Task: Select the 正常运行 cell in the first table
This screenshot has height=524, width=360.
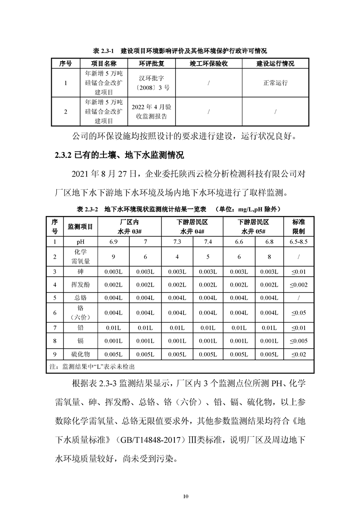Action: (x=275, y=83)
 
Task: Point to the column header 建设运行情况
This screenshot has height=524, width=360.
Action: (x=275, y=64)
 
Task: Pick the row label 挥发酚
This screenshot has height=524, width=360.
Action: (x=80, y=285)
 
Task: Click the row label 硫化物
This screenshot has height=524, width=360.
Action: (x=80, y=354)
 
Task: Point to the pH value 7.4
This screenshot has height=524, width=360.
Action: (x=208, y=242)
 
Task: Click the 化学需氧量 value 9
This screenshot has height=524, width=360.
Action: (x=113, y=257)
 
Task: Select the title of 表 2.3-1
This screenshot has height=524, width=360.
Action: (x=180, y=50)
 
